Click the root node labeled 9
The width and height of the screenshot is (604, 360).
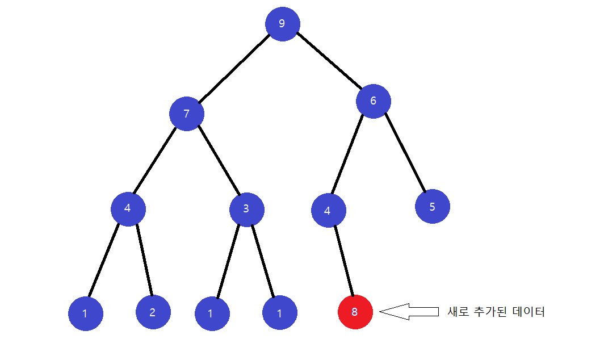coord(282,24)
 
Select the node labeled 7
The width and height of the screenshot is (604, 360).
coord(186,114)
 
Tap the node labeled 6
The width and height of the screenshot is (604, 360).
coord(373,101)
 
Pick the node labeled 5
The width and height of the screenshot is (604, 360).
coord(432,206)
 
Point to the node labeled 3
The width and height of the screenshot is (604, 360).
coord(246,209)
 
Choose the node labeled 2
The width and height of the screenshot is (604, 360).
coord(153,312)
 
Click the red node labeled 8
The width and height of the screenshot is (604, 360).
coord(355,312)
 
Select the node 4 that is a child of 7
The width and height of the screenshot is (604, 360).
coord(128,208)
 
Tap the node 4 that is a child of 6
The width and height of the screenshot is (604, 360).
coord(328,211)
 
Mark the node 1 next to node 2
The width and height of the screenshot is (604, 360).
coord(85,313)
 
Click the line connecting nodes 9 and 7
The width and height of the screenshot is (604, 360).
coord(233,68)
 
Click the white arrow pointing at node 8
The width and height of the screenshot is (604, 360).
coord(409,311)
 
